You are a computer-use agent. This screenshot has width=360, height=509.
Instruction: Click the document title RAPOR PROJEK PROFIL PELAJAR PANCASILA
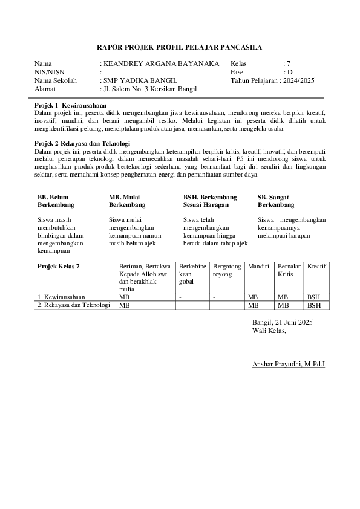pos(180,47)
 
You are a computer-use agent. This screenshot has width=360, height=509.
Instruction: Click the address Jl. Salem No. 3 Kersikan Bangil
pos(150,89)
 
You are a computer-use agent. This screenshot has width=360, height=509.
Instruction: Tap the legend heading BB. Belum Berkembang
pos(53,201)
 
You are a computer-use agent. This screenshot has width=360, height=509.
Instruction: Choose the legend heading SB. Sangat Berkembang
pos(276,201)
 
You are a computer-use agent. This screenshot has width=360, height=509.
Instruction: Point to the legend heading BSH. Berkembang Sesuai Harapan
pos(210,201)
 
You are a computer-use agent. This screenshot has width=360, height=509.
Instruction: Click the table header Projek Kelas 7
pos(59,267)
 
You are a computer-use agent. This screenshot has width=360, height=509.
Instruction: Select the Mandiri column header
pos(258,267)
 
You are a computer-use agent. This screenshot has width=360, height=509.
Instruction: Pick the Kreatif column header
pos(317,267)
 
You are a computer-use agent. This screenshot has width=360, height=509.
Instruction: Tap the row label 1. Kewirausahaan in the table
pos(61,297)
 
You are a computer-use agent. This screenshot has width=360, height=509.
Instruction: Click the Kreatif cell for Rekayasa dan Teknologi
pos(314,305)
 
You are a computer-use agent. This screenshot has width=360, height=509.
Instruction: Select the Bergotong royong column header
pos(227,270)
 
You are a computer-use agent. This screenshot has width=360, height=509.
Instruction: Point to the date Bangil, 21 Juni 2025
pos(283,322)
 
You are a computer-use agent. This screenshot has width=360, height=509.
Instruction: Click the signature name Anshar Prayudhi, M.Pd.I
pos(288,365)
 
